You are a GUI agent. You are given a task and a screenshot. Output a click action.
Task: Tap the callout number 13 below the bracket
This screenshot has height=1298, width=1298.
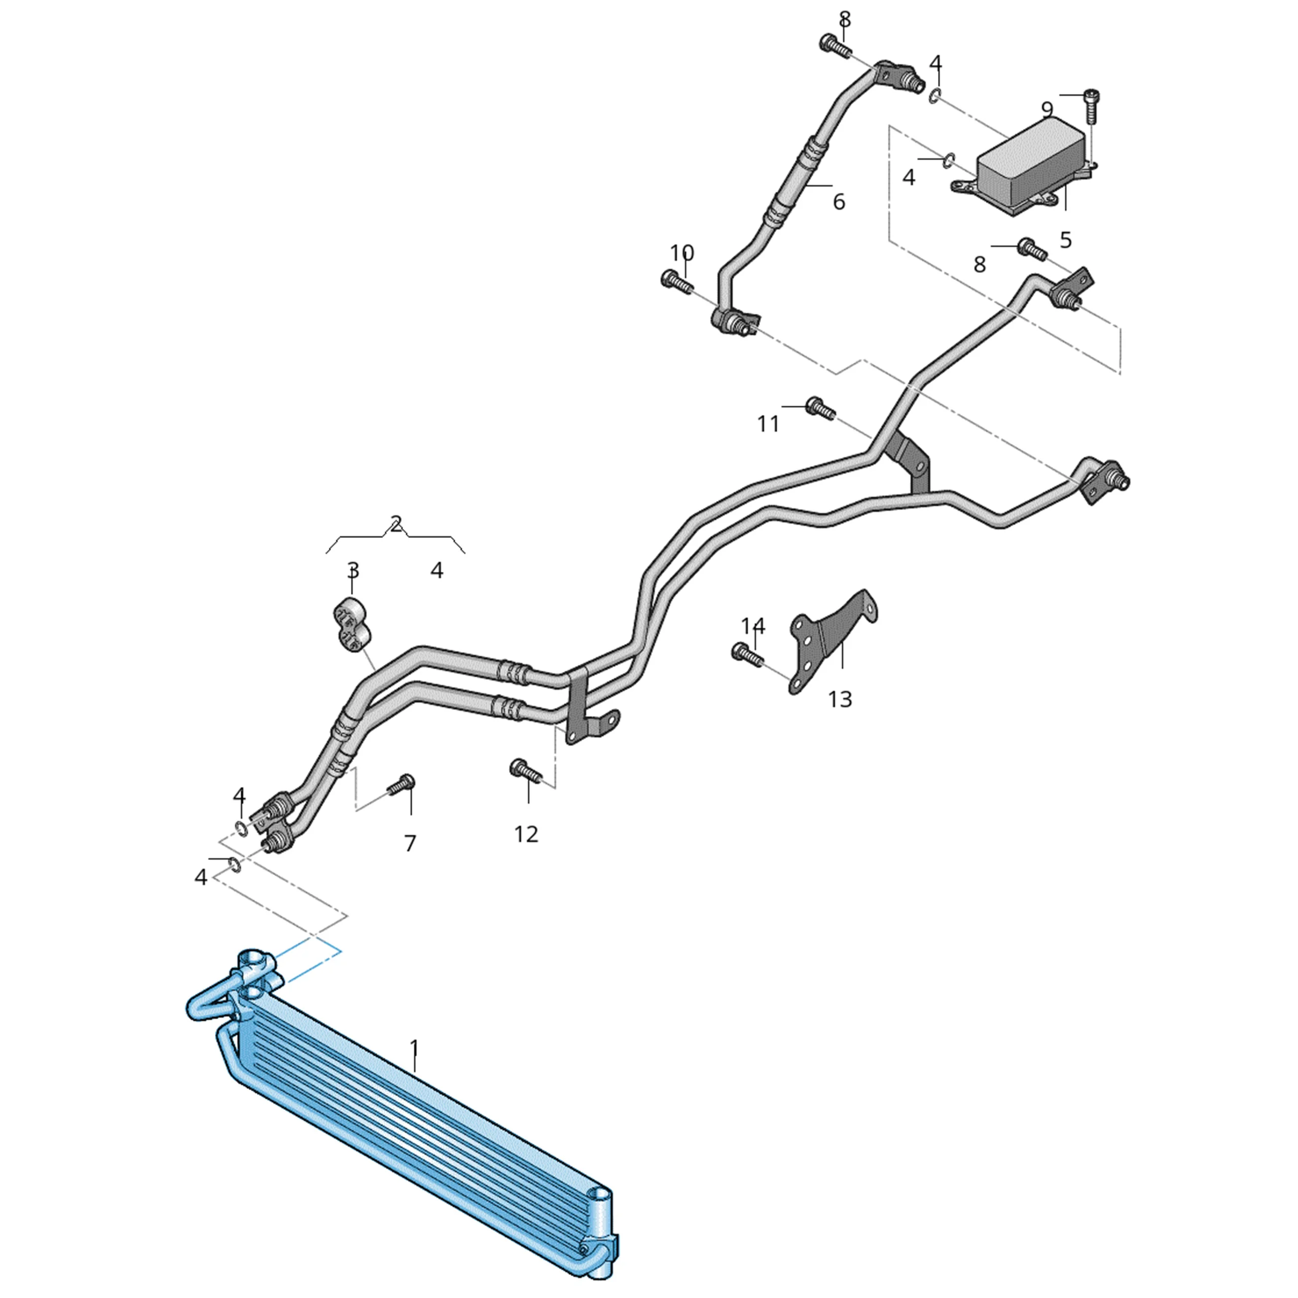[840, 699]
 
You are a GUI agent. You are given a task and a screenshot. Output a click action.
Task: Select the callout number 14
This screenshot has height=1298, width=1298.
[753, 626]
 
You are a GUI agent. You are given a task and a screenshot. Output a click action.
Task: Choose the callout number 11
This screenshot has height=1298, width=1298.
[768, 423]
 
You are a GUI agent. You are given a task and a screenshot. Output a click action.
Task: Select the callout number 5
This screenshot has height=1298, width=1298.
[1066, 239]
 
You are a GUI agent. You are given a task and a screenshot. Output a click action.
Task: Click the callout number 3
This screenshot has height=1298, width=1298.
[353, 570]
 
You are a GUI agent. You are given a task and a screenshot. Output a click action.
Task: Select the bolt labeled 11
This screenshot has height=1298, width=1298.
[820, 408]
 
